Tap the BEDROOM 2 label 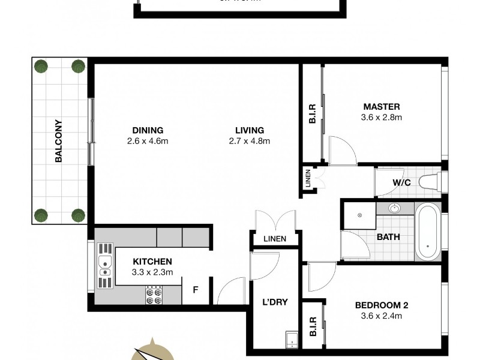click(x=381, y=305)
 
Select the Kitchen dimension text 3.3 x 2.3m click(x=152, y=272)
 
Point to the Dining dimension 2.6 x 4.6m click(x=148, y=142)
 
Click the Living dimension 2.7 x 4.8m click(x=250, y=142)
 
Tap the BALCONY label click(x=59, y=141)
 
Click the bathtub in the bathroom click(x=427, y=232)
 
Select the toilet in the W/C click(x=430, y=181)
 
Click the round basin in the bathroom click(x=395, y=209)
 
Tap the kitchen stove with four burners click(x=153, y=295)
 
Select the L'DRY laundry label click(x=275, y=302)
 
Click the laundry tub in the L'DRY click(x=290, y=339)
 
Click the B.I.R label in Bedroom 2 click(x=312, y=326)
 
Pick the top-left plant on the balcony click(x=41, y=66)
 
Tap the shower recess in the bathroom click(x=359, y=215)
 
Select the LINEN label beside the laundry click(x=275, y=239)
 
